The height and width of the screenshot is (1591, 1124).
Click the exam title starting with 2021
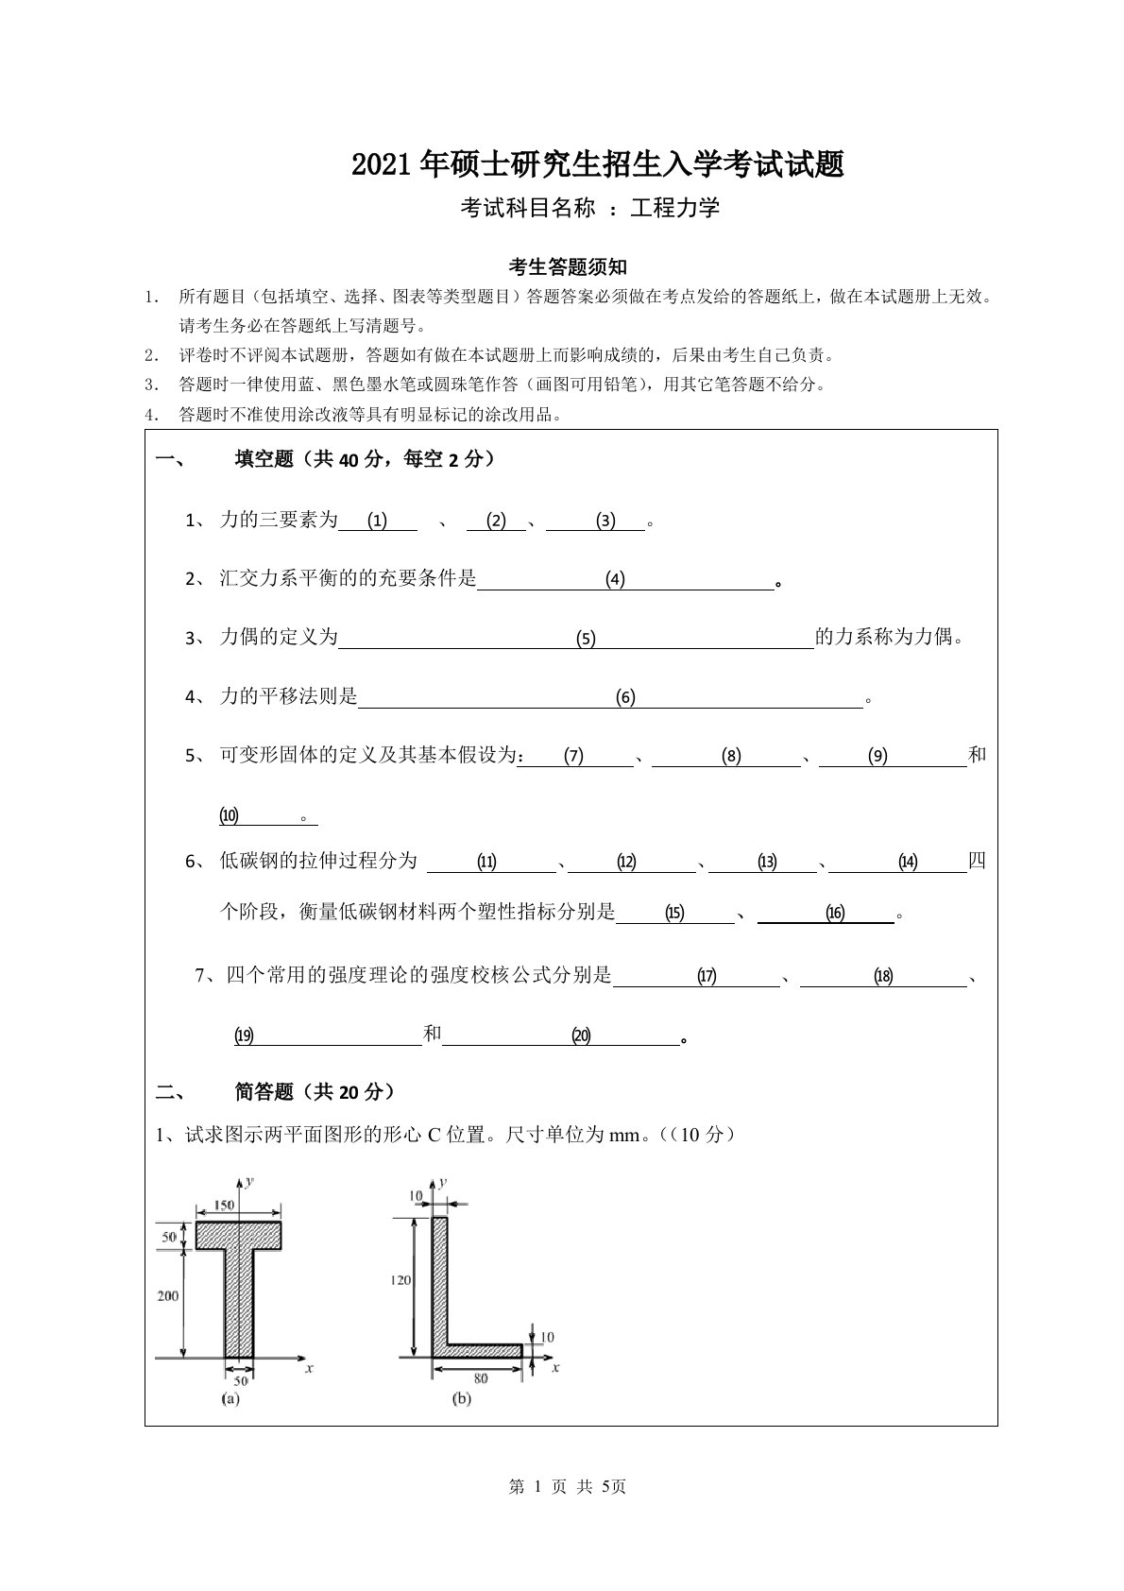coord(597,165)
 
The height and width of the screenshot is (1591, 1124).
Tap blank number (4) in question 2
coord(616,580)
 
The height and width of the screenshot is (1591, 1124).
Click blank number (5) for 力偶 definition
coord(587,640)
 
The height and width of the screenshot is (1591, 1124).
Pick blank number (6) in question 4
coord(625,698)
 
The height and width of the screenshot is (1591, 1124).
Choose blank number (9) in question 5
coord(878,756)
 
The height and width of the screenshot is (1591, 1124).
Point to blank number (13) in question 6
coord(767,862)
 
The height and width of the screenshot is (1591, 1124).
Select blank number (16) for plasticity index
coord(835,914)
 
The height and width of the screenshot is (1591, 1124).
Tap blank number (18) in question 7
coord(883,977)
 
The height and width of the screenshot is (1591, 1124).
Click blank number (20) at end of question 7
coord(581,1036)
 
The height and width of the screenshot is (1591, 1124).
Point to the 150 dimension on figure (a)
coord(223,1205)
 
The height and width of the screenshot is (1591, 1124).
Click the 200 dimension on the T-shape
coord(167,1296)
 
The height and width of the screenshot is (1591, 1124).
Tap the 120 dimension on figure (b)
coord(400,1280)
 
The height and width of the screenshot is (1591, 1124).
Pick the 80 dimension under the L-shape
coord(481,1378)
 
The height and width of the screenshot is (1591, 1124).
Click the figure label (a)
coord(230,1398)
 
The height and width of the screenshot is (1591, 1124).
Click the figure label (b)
coord(462,1399)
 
